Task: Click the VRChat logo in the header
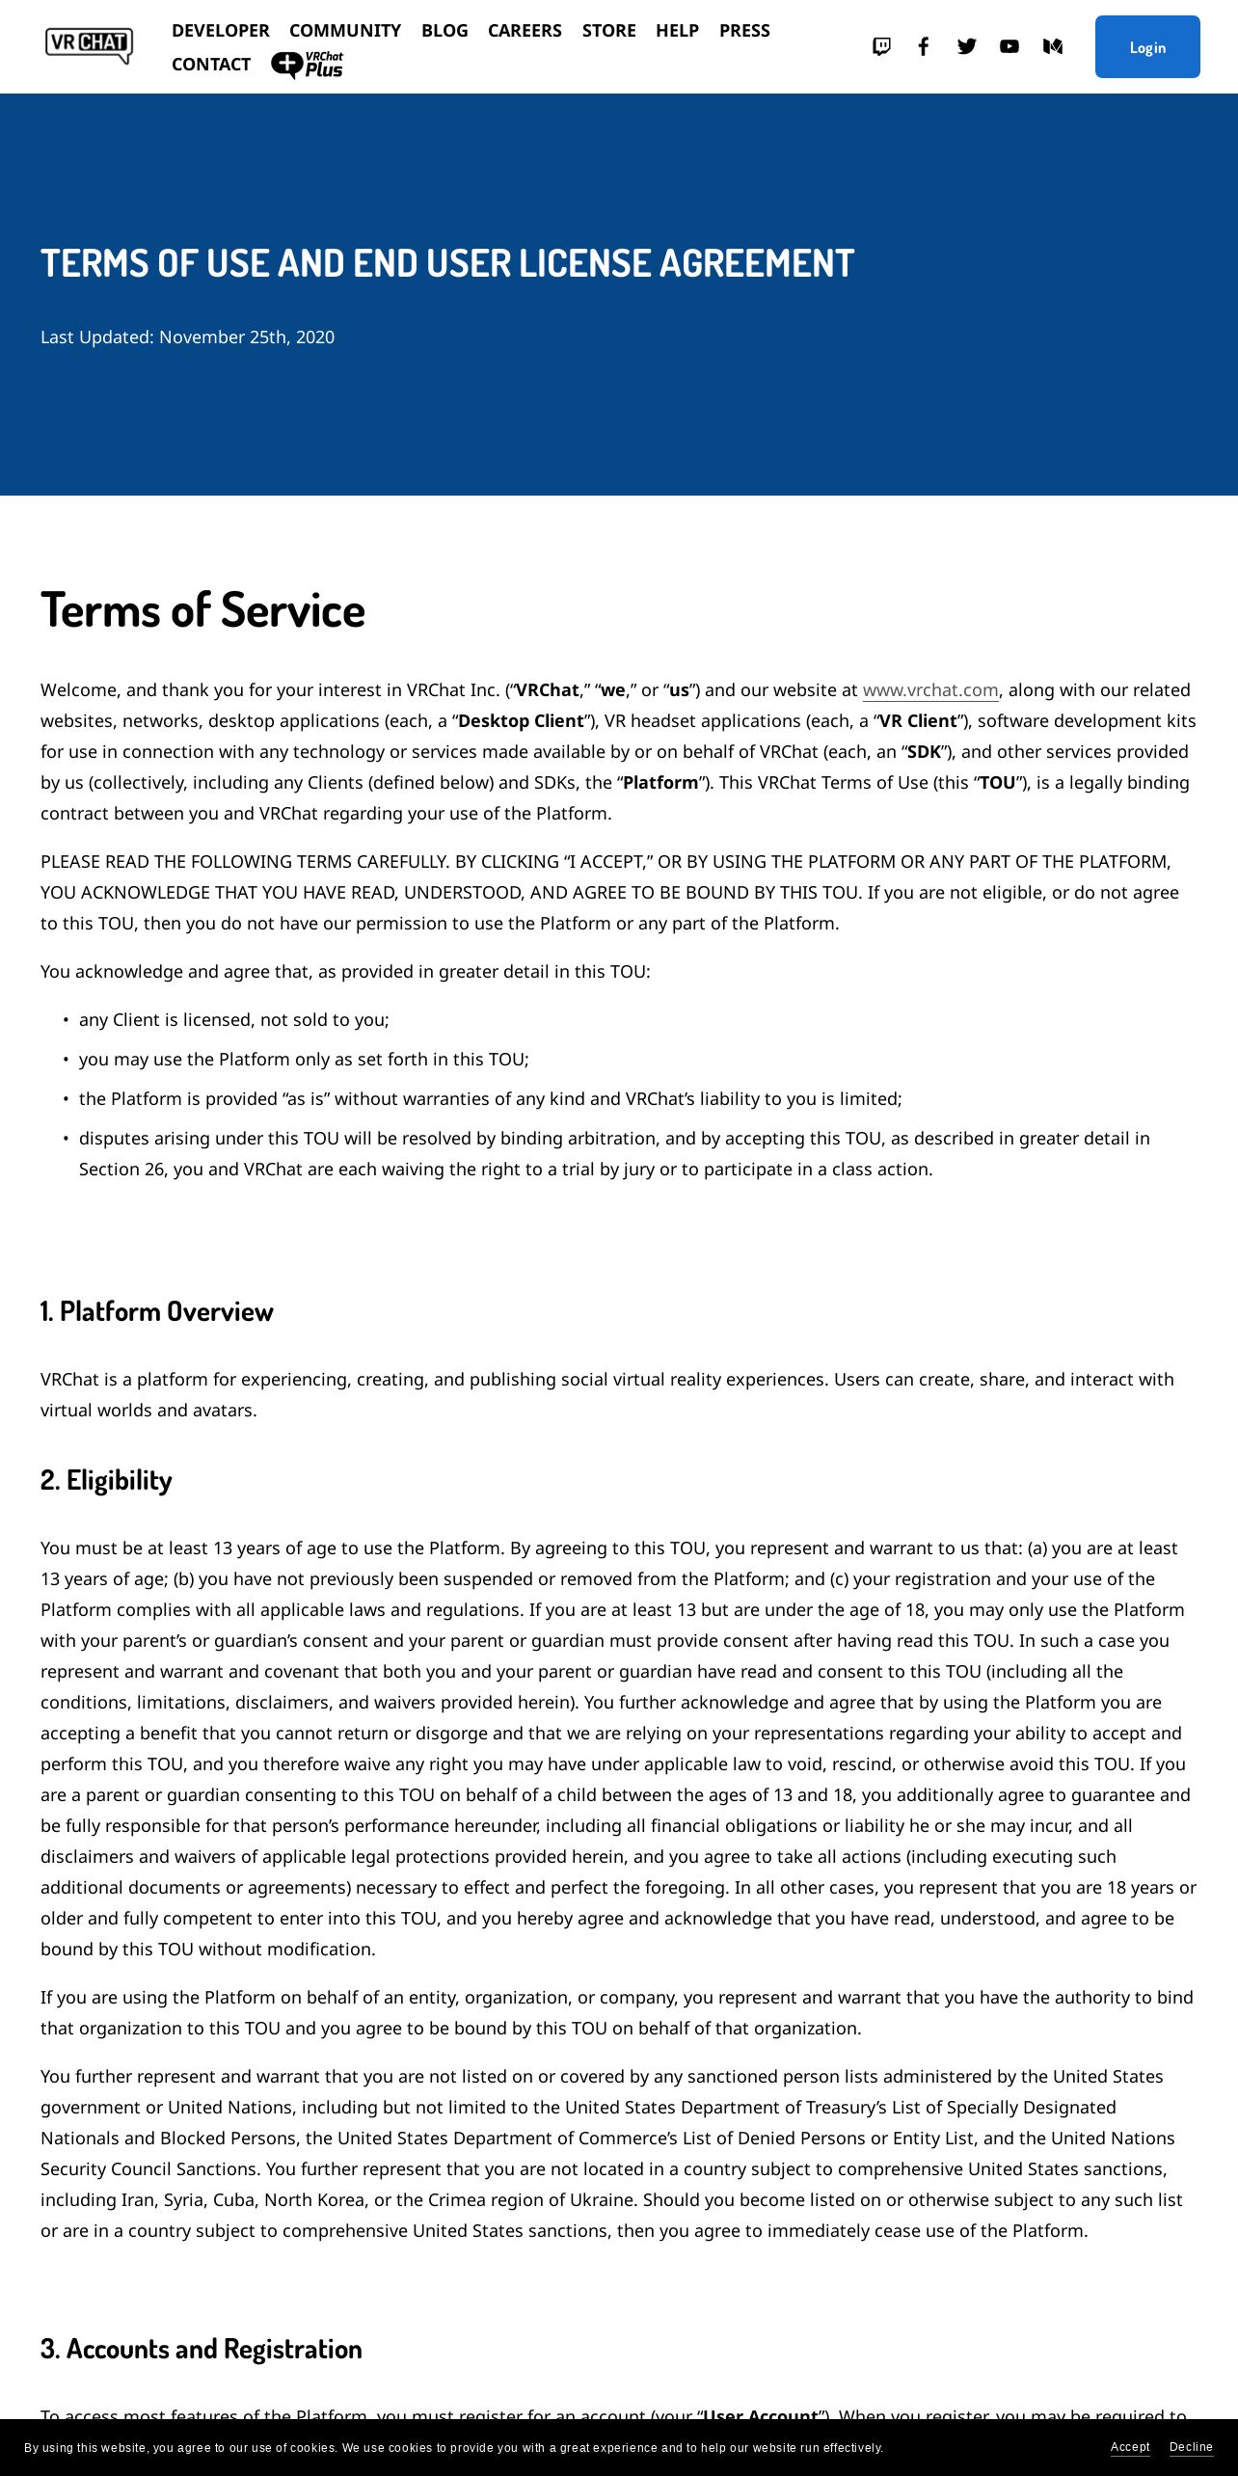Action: tap(89, 45)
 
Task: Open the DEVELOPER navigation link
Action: tap(221, 31)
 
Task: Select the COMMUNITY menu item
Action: tap(345, 31)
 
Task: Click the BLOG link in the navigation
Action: tap(444, 31)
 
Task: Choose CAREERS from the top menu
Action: tap(525, 31)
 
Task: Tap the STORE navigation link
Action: tap(608, 31)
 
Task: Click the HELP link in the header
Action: tap(677, 31)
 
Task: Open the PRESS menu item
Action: tap(744, 31)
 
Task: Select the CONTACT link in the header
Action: tap(211, 65)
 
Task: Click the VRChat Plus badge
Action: tap(308, 65)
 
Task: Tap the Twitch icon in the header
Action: tap(881, 46)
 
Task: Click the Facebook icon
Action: tap(924, 46)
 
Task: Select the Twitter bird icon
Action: tap(967, 46)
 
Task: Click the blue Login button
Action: tap(1147, 47)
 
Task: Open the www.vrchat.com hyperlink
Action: tap(930, 690)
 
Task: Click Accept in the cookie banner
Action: tap(1130, 2447)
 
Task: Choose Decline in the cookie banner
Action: tap(1191, 2447)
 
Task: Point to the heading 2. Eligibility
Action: tap(106, 1480)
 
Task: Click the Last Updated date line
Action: tap(187, 337)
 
